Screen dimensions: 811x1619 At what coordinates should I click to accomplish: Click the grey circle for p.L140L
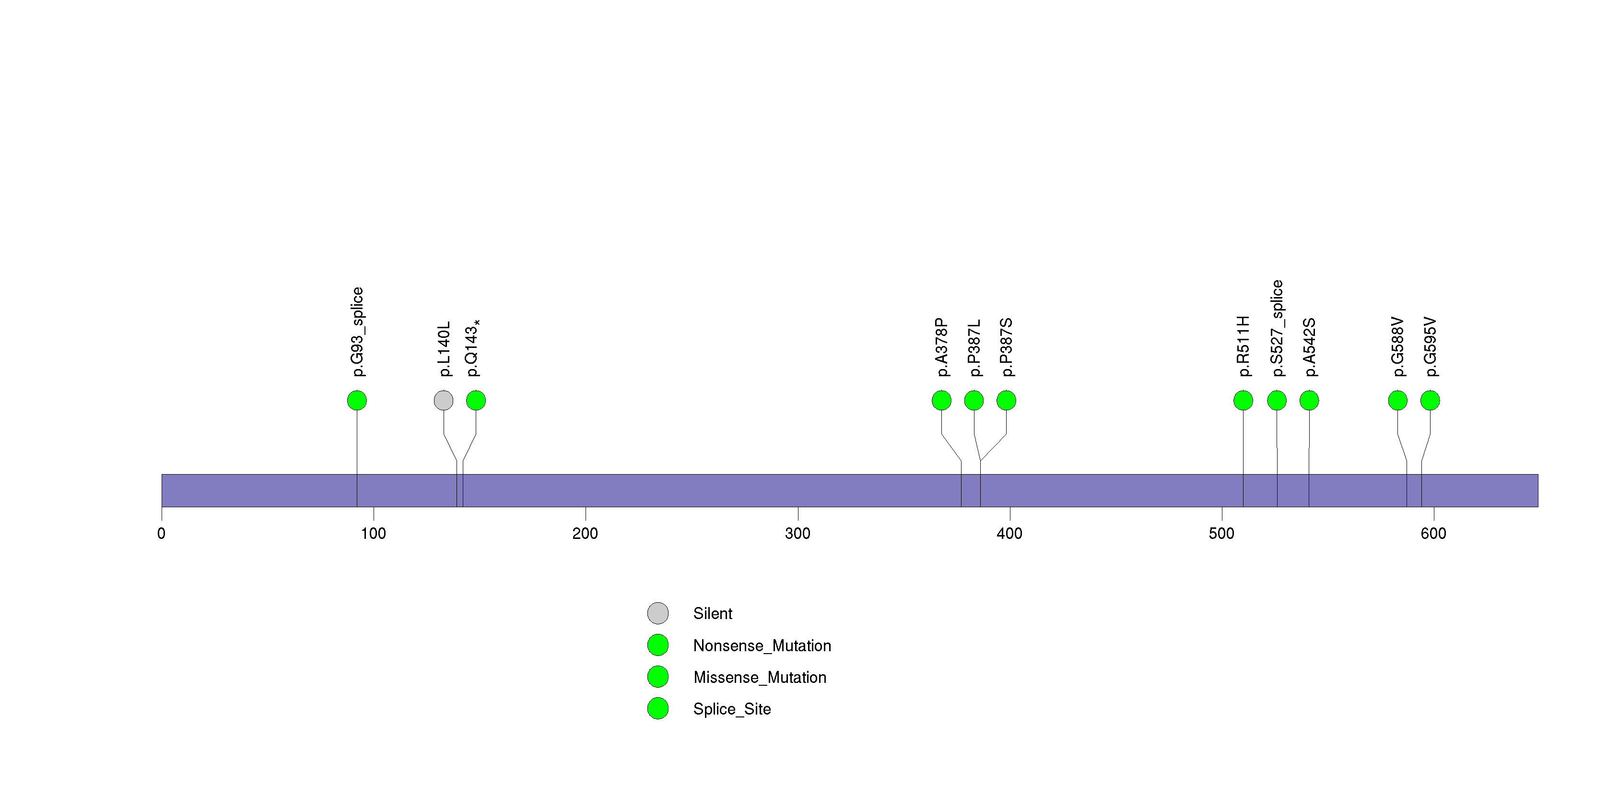pyautogui.click(x=443, y=401)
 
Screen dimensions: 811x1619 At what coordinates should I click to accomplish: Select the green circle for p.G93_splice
pyautogui.click(x=357, y=401)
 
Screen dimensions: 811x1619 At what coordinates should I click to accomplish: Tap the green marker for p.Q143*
pyautogui.click(x=476, y=401)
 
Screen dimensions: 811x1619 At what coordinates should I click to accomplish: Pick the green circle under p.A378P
pyautogui.click(x=941, y=401)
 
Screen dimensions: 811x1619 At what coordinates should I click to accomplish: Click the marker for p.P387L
pyautogui.click(x=974, y=401)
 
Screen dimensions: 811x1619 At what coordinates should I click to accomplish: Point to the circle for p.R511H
pyautogui.click(x=1243, y=401)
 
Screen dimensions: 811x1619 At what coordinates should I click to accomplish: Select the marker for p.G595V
pyautogui.click(x=1430, y=401)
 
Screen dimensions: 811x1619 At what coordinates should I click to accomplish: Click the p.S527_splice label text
pyautogui.click(x=1277, y=328)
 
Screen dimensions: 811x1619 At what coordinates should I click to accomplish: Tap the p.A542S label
pyautogui.click(x=1309, y=347)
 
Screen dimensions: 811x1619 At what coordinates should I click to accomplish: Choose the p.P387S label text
pyautogui.click(x=1006, y=347)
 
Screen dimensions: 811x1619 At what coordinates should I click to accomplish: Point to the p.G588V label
pyautogui.click(x=1397, y=346)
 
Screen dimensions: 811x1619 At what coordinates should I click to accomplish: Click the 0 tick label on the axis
pyautogui.click(x=162, y=534)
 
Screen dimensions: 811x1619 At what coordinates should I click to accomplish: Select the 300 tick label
pyautogui.click(x=798, y=534)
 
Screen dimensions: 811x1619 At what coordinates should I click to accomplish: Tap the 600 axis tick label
pyautogui.click(x=1433, y=534)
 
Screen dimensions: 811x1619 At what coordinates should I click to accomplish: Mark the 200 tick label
pyautogui.click(x=585, y=534)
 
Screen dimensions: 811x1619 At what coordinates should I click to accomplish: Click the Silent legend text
pyautogui.click(x=713, y=614)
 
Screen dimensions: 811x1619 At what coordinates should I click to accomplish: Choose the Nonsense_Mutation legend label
pyautogui.click(x=762, y=645)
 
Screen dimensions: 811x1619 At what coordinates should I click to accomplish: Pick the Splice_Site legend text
pyautogui.click(x=731, y=709)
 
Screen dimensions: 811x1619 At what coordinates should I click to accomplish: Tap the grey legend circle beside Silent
pyautogui.click(x=658, y=614)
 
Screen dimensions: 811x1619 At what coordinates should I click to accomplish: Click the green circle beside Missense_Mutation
pyautogui.click(x=658, y=677)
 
